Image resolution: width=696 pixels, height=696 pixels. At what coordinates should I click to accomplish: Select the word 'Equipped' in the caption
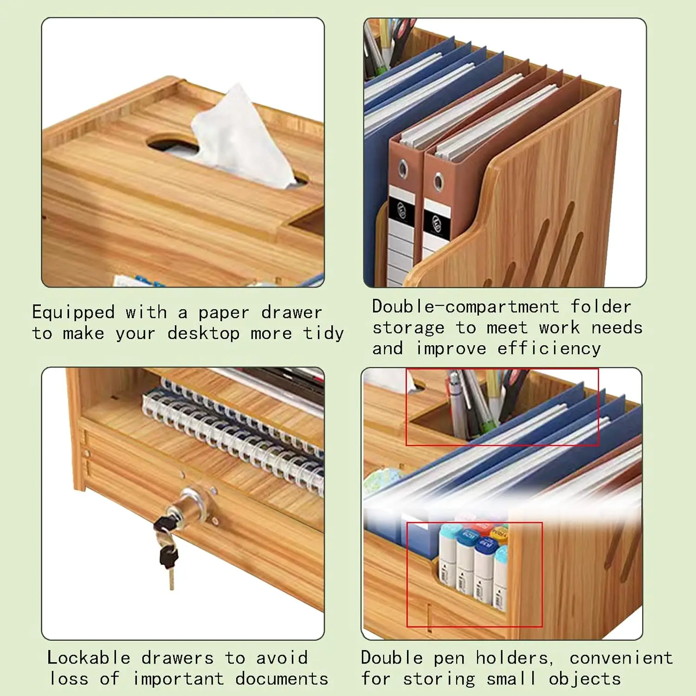[73, 313]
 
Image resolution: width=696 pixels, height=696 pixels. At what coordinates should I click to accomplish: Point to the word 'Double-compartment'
[465, 307]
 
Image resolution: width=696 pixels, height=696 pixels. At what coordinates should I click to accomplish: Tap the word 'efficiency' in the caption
[549, 348]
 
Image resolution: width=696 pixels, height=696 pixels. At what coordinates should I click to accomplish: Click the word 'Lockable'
[89, 658]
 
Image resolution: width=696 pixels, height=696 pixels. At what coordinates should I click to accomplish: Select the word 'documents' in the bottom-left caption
[282, 679]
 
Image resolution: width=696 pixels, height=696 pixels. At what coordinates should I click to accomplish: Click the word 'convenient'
[621, 658]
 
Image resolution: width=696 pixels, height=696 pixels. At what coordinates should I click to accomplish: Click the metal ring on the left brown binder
[403, 169]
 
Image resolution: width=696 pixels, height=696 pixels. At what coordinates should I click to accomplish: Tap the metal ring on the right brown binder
[438, 182]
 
